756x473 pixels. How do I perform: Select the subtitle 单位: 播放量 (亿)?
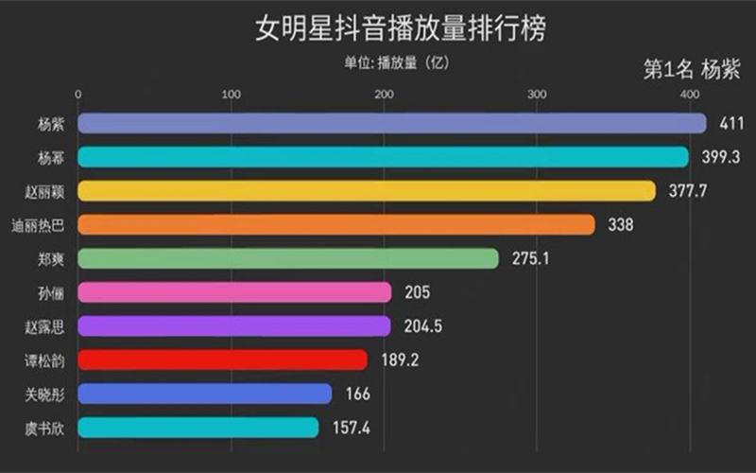tap(396, 63)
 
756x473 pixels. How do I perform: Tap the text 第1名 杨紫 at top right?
tap(691, 70)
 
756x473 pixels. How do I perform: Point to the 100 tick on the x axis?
tap(231, 94)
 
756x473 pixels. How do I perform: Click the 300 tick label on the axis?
tap(537, 94)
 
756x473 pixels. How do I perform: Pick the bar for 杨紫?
tap(391, 123)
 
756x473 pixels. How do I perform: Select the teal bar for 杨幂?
tap(383, 157)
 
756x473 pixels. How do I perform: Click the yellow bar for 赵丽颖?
tap(367, 191)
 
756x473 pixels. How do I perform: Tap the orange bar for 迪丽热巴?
tap(335, 224)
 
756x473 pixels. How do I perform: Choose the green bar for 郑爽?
tap(287, 258)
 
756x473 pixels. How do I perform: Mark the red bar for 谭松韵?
tap(222, 359)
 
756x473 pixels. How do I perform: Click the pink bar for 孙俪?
tap(234, 292)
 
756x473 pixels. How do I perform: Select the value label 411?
tap(732, 124)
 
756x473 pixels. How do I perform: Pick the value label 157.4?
tap(352, 428)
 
